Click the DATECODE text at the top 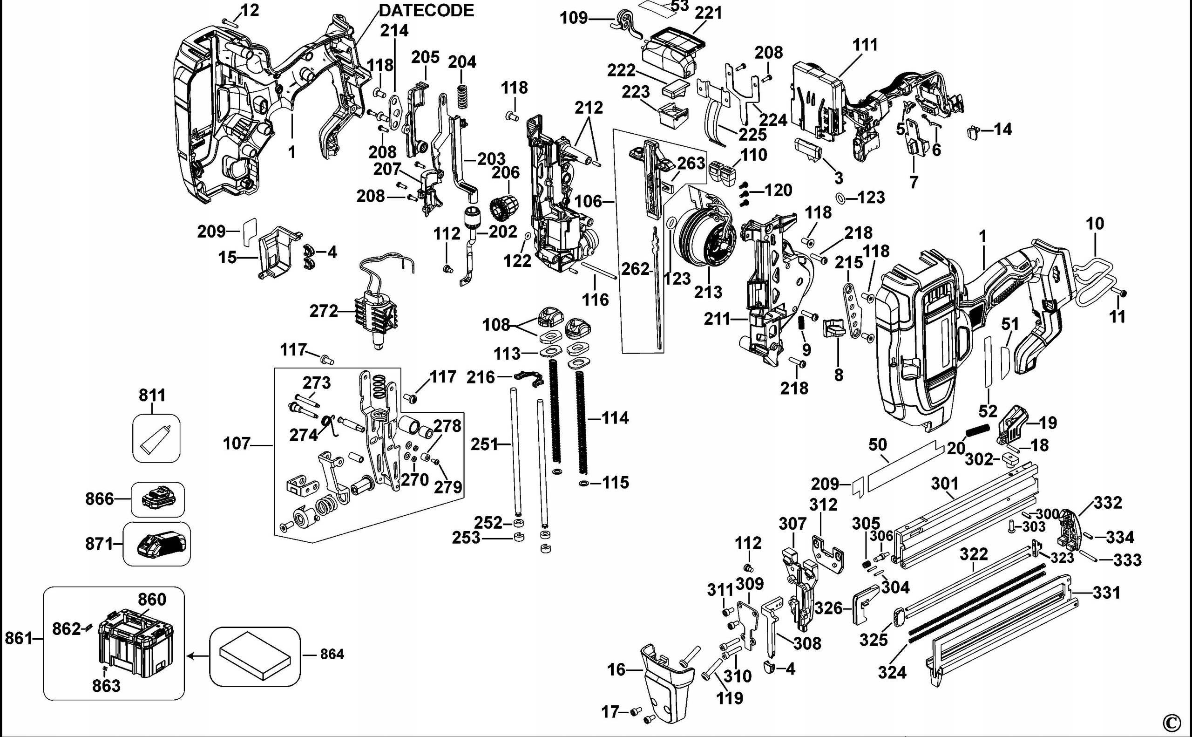[x=426, y=10]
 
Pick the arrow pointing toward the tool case [x=197, y=656]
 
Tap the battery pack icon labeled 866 [x=157, y=499]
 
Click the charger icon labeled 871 [x=161, y=544]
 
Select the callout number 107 [x=237, y=444]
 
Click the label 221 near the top [x=708, y=13]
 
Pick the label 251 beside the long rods [x=484, y=444]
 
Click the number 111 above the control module [x=865, y=45]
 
